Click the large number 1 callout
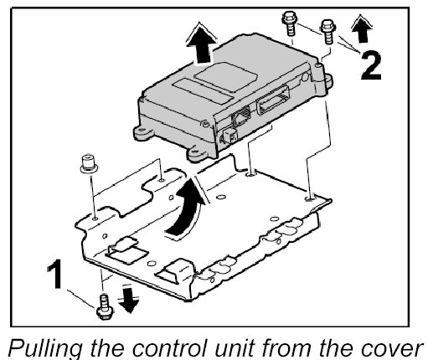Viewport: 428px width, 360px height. pyautogui.click(x=55, y=274)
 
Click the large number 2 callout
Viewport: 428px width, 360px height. pyautogui.click(x=370, y=66)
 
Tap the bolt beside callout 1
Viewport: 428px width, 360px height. pyautogui.click(x=105, y=306)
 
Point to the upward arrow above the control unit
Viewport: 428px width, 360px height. pyautogui.click(x=201, y=44)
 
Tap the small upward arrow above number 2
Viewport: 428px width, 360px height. pyautogui.click(x=361, y=29)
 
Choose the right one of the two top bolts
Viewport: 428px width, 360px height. pyautogui.click(x=327, y=31)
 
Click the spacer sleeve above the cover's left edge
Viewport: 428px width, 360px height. pyautogui.click(x=89, y=162)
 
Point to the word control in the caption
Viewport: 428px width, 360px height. pyautogui.click(x=168, y=347)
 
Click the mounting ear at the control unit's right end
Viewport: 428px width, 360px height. pyautogui.click(x=326, y=81)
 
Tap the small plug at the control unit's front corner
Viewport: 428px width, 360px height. pyautogui.click(x=229, y=136)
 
